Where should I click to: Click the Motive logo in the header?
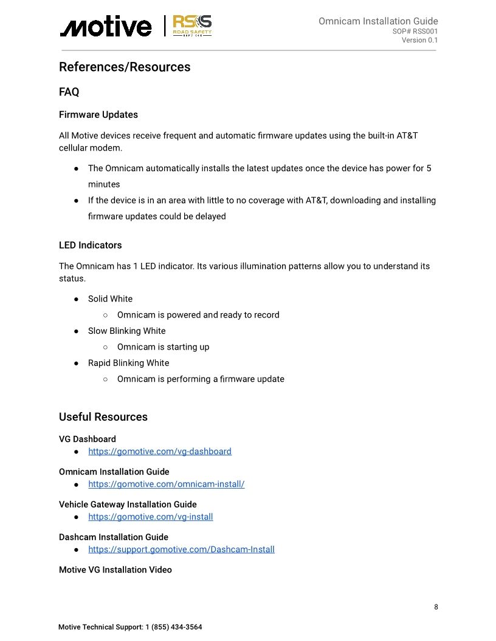pos(105,27)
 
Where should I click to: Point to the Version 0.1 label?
pos(419,41)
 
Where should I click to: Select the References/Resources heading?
pos(125,67)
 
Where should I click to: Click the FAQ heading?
pos(69,92)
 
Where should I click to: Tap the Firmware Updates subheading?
pos(98,115)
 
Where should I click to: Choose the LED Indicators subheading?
pos(90,245)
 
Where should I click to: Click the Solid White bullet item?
pos(110,299)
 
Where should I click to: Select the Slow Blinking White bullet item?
pos(126,331)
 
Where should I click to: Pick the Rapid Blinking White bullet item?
pos(128,363)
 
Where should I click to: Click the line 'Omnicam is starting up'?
pos(163,347)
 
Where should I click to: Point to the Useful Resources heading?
pos(103,417)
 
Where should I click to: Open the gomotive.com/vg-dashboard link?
pos(160,452)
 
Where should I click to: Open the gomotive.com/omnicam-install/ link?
pos(166,484)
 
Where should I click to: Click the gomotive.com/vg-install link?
pos(150,517)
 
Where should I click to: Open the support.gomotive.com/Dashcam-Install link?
pos(181,549)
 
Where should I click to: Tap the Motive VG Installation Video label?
pos(115,570)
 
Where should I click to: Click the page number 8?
pos(436,607)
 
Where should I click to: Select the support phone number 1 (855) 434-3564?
pos(173,627)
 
